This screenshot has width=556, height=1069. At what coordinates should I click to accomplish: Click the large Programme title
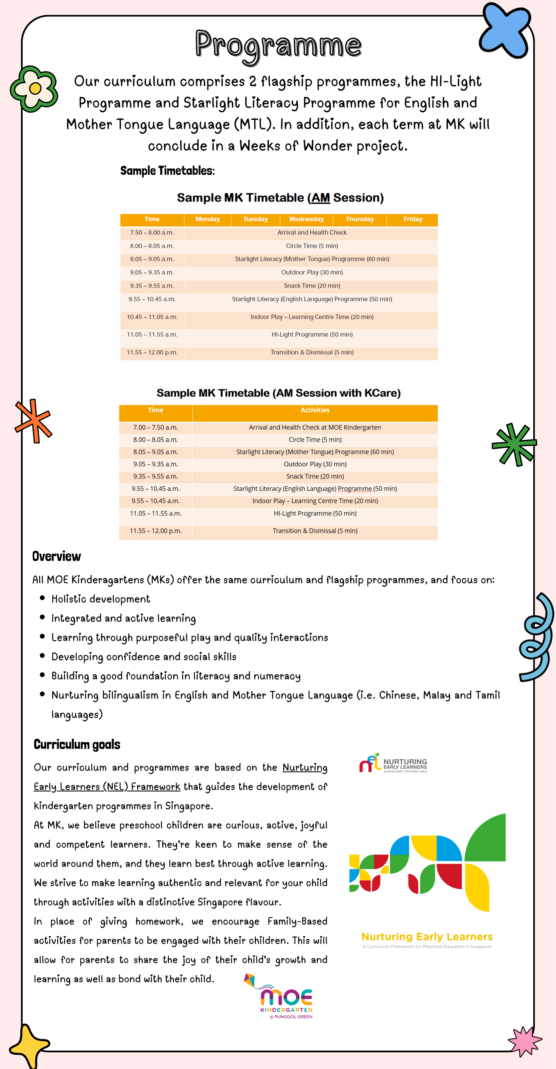[278, 45]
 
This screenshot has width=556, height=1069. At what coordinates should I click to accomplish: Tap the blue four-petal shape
[505, 30]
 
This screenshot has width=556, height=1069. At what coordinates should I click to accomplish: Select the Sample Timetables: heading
[167, 171]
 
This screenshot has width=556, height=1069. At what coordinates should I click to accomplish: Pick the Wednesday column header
[306, 219]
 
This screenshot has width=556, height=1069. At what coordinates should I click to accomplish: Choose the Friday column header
[413, 219]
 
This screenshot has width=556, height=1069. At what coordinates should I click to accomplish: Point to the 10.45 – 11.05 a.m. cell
[152, 317]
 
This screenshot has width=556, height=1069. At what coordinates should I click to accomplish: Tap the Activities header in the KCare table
[315, 410]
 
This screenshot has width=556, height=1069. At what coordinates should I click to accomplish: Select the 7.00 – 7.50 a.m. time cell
[156, 428]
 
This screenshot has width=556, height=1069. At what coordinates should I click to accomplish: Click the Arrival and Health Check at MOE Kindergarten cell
[315, 428]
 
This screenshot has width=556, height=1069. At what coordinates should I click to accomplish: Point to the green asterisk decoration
[514, 445]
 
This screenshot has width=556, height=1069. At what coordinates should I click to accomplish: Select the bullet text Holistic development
[101, 599]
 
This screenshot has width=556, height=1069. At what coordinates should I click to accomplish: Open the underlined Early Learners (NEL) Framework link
[107, 787]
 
